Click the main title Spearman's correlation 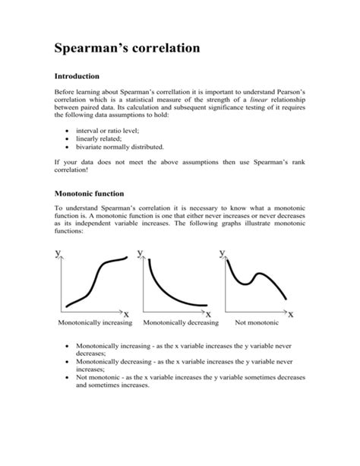(127, 49)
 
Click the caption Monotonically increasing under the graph (95, 322)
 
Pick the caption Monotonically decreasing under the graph (177, 322)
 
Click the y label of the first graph (58, 252)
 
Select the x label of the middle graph (207, 313)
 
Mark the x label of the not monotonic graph (290, 313)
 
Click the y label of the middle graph (140, 252)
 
